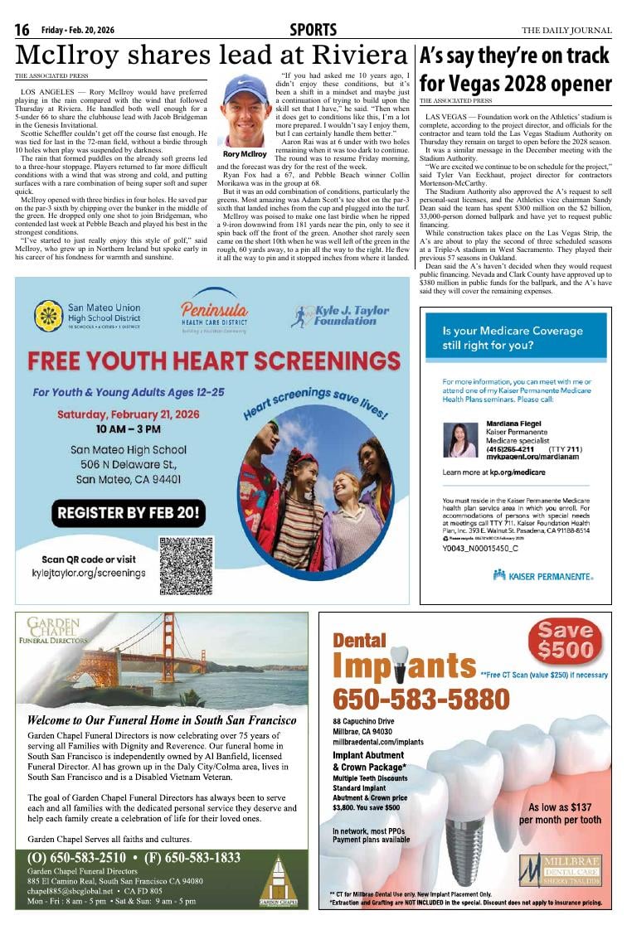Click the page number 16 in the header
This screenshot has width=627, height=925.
[x=22, y=31]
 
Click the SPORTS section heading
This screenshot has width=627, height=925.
[x=313, y=31]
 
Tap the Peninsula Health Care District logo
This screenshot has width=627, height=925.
[x=214, y=311]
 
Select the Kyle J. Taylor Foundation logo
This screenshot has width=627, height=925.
[x=340, y=316]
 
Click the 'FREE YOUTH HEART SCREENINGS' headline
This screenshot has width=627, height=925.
[x=211, y=361]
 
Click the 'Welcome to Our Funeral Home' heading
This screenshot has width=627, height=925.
[x=161, y=719]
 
